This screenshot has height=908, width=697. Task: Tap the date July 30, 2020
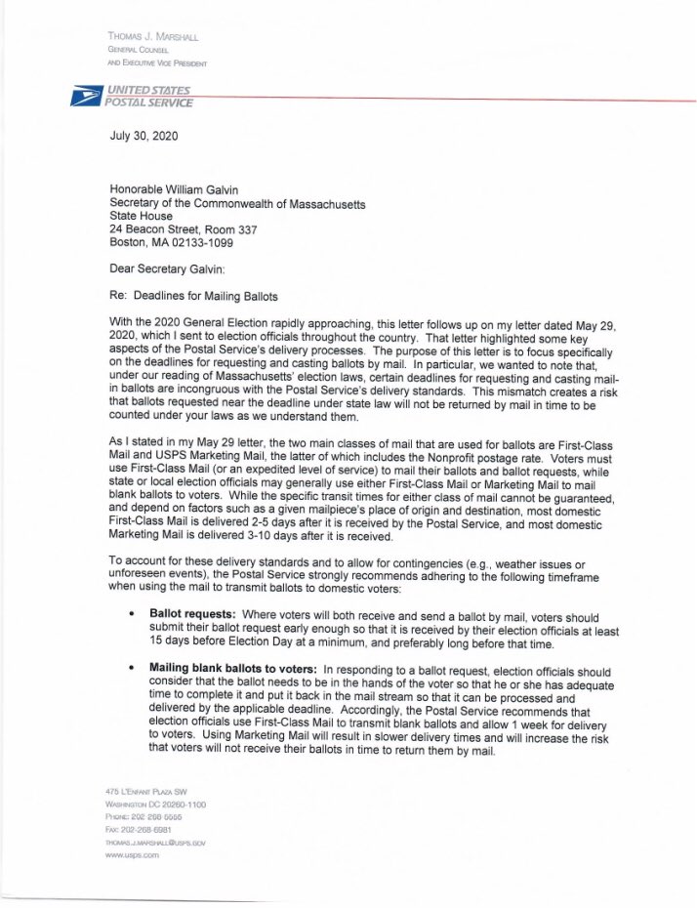point(143,137)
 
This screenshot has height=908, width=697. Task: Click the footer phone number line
point(143,815)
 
